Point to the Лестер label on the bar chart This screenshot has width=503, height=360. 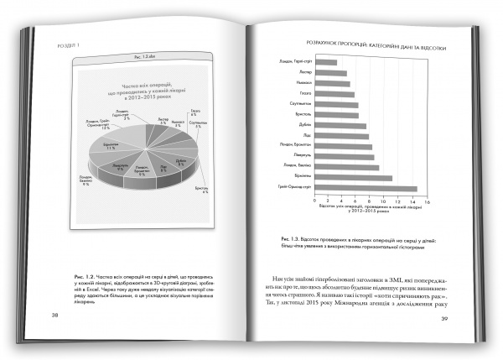(x=305, y=73)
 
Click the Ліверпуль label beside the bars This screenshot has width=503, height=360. (x=302, y=156)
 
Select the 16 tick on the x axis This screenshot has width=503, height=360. (x=426, y=201)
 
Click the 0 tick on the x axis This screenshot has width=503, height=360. (x=315, y=201)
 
